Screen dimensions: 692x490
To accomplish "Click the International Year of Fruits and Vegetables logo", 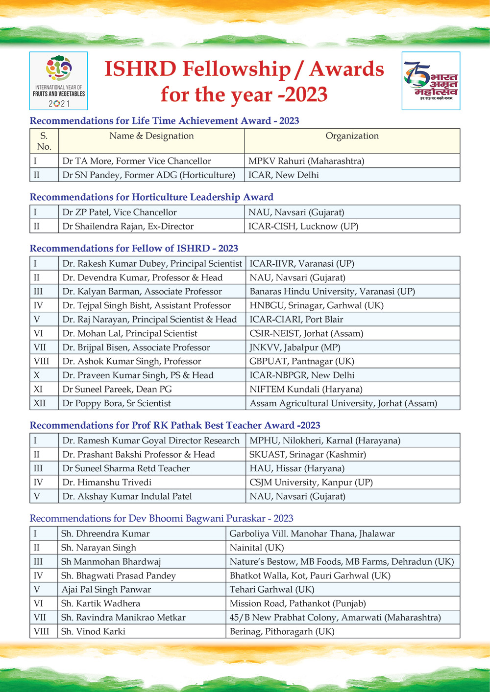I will (59, 81).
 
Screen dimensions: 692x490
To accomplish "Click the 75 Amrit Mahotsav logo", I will (431, 81).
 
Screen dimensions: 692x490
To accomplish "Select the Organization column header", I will (352, 136).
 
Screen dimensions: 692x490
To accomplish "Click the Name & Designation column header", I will (151, 136).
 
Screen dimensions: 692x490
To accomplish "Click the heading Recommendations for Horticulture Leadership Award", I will (151, 197).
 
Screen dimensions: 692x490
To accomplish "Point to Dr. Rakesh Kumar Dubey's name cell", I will (152, 264).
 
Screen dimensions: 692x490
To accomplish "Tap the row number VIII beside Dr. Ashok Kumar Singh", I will (42, 362).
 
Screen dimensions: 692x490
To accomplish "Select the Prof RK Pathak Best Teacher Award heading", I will (175, 425).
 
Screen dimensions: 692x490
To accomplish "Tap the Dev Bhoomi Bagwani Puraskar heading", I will (161, 518).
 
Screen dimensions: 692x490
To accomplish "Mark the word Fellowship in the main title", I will (236, 69).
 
